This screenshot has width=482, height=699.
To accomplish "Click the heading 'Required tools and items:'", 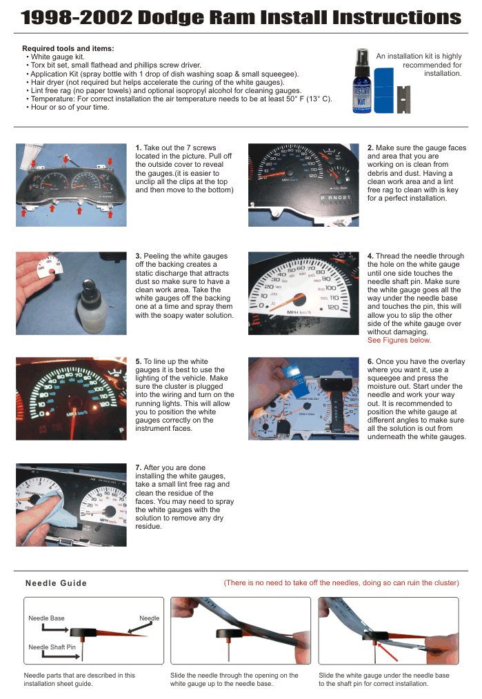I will (68, 48).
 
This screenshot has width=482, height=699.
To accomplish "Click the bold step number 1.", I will (139, 148).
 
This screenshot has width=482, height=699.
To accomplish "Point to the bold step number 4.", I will (370, 256).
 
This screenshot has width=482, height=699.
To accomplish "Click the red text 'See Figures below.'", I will (399, 340).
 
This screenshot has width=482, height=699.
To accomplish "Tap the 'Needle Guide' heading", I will (56, 583).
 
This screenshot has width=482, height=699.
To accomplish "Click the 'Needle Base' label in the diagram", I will (46, 618).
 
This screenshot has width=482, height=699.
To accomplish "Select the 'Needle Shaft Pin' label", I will (52, 647).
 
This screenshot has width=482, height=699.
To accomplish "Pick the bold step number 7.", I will (139, 468).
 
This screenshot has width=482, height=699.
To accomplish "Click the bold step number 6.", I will (370, 361).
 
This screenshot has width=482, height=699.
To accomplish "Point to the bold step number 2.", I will (370, 148).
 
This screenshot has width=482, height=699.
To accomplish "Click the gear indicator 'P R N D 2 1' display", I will (335, 198).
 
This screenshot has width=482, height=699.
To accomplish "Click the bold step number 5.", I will (139, 361).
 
